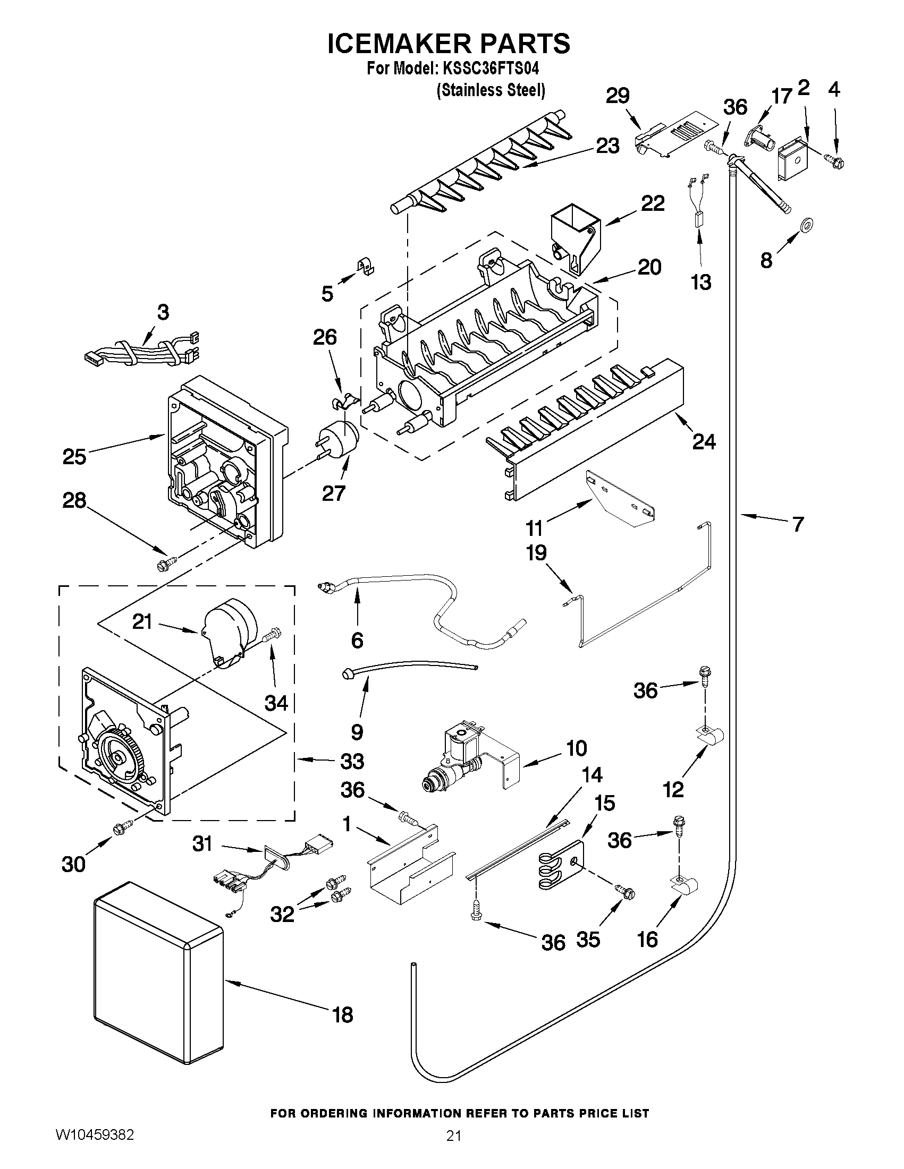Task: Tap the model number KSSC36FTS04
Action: pyautogui.click(x=486, y=70)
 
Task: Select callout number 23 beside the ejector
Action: pyautogui.click(x=607, y=146)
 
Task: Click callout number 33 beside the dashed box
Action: pyautogui.click(x=352, y=761)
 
